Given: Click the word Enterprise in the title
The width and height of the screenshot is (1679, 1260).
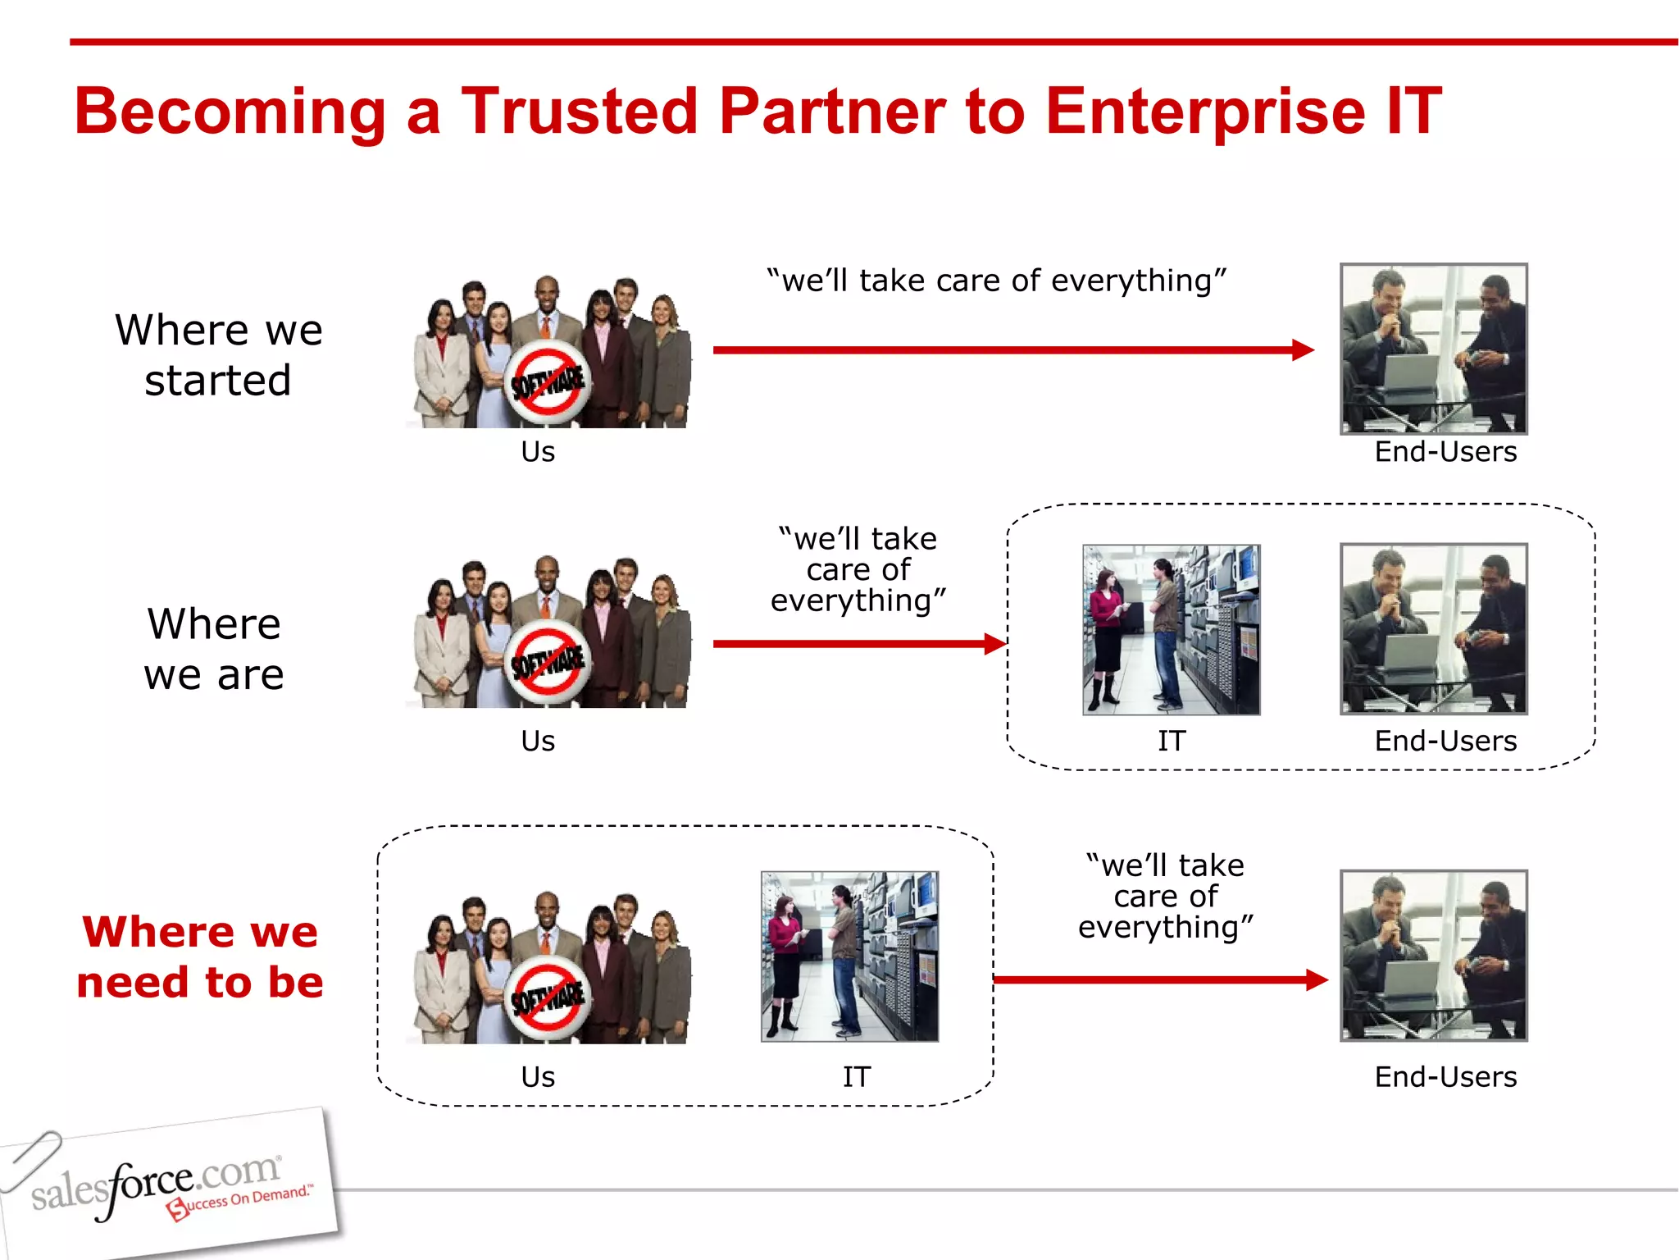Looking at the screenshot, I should click(1205, 112).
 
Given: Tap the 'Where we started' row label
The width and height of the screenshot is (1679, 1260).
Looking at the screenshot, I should click(218, 354).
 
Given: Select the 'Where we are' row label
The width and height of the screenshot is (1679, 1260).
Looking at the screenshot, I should click(214, 649).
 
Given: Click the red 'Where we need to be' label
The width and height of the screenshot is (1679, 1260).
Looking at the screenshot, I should click(200, 956).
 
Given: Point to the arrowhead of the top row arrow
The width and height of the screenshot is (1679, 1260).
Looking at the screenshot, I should click(1304, 350).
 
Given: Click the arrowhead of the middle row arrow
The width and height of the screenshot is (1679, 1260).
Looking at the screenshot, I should click(995, 644).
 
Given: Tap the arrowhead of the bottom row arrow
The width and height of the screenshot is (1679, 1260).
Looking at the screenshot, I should click(1317, 979).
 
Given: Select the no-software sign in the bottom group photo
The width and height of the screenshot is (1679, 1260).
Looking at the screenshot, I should click(547, 998).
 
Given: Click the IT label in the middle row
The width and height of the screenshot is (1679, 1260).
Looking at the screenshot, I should click(1172, 741).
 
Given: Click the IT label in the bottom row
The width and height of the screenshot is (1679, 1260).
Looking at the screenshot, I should click(857, 1076).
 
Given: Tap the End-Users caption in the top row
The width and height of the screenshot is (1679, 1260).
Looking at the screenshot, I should click(1445, 452).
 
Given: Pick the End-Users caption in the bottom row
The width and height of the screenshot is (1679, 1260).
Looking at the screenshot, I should click(1445, 1076).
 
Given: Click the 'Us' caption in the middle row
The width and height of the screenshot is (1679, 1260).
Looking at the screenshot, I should click(538, 741).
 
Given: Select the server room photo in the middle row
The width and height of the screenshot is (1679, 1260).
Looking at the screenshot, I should click(1172, 630).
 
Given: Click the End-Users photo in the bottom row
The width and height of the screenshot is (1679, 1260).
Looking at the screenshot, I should click(1434, 956).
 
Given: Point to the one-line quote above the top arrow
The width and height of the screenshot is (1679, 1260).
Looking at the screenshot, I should click(996, 281).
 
